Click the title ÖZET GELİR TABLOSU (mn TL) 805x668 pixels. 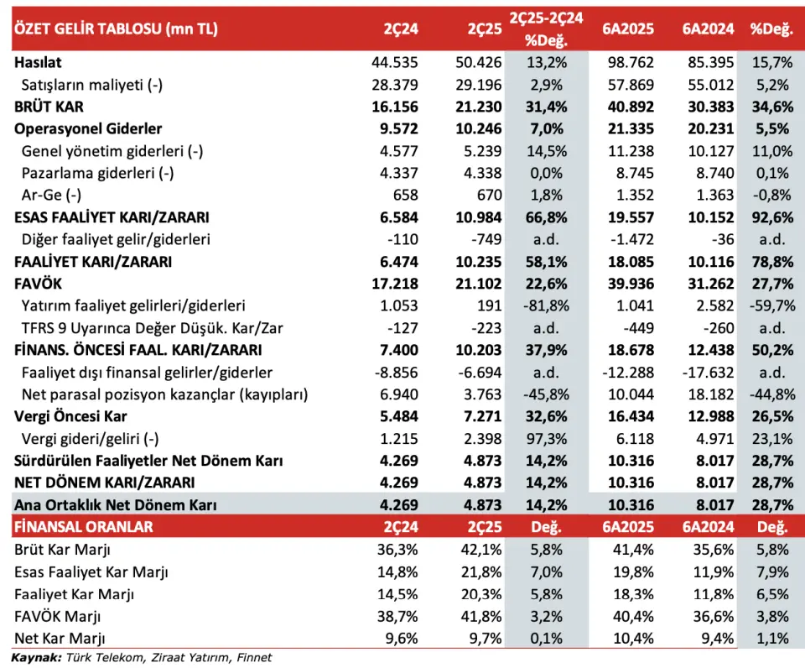tap(116, 29)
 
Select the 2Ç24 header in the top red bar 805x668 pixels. tap(401, 29)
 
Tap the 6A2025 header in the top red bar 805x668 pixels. tap(628, 29)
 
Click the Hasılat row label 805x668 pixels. tap(38, 62)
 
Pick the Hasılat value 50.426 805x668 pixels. tap(479, 62)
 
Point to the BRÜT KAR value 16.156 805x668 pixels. tap(395, 107)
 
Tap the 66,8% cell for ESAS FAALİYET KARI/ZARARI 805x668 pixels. tap(546, 217)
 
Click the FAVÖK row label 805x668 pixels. tap(38, 284)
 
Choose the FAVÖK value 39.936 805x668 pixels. tap(631, 284)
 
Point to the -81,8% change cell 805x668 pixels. tap(546, 305)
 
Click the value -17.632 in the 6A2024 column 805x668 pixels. tap(708, 372)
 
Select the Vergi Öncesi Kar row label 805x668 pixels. tap(70, 416)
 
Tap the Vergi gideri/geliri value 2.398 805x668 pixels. tap(483, 438)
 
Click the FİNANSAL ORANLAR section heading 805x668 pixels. tap(84, 527)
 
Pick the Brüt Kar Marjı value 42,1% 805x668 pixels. tap(481, 550)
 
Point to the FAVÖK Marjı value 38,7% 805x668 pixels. tap(397, 616)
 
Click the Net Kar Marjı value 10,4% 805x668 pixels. tap(634, 638)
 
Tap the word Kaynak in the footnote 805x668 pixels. tap(36, 658)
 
